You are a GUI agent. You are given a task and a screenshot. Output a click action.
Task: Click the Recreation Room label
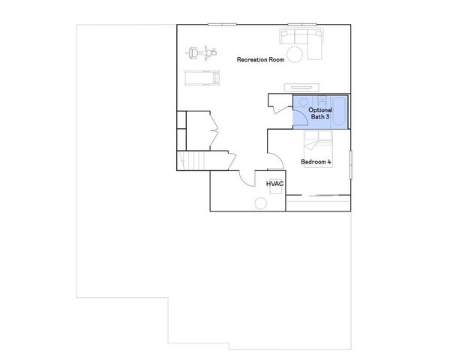coord(260,59)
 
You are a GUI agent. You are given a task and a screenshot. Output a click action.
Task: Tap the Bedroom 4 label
coord(316,162)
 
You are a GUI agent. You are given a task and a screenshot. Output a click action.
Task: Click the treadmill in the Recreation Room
coord(202,77)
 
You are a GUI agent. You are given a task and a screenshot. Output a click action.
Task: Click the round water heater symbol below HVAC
coord(261,203)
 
